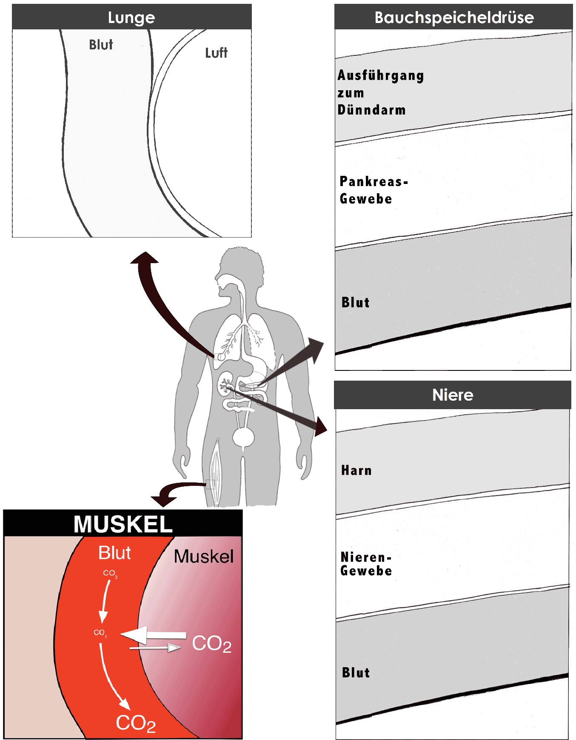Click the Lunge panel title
point(131,17)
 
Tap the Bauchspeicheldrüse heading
point(454,17)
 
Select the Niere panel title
point(453,395)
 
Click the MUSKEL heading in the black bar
point(123,524)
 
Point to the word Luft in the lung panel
point(216,53)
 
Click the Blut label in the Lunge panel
point(101,45)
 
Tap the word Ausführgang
point(381,75)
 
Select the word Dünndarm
point(371,110)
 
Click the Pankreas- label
point(374,182)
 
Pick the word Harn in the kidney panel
point(356,470)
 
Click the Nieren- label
point(366,557)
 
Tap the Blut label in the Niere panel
point(356,672)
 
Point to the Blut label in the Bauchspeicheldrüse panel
point(356,302)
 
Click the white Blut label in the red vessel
point(114,553)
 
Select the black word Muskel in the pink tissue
point(204,556)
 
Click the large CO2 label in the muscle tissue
point(212,643)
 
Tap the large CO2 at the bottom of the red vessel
point(136,723)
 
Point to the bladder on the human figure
point(243,437)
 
